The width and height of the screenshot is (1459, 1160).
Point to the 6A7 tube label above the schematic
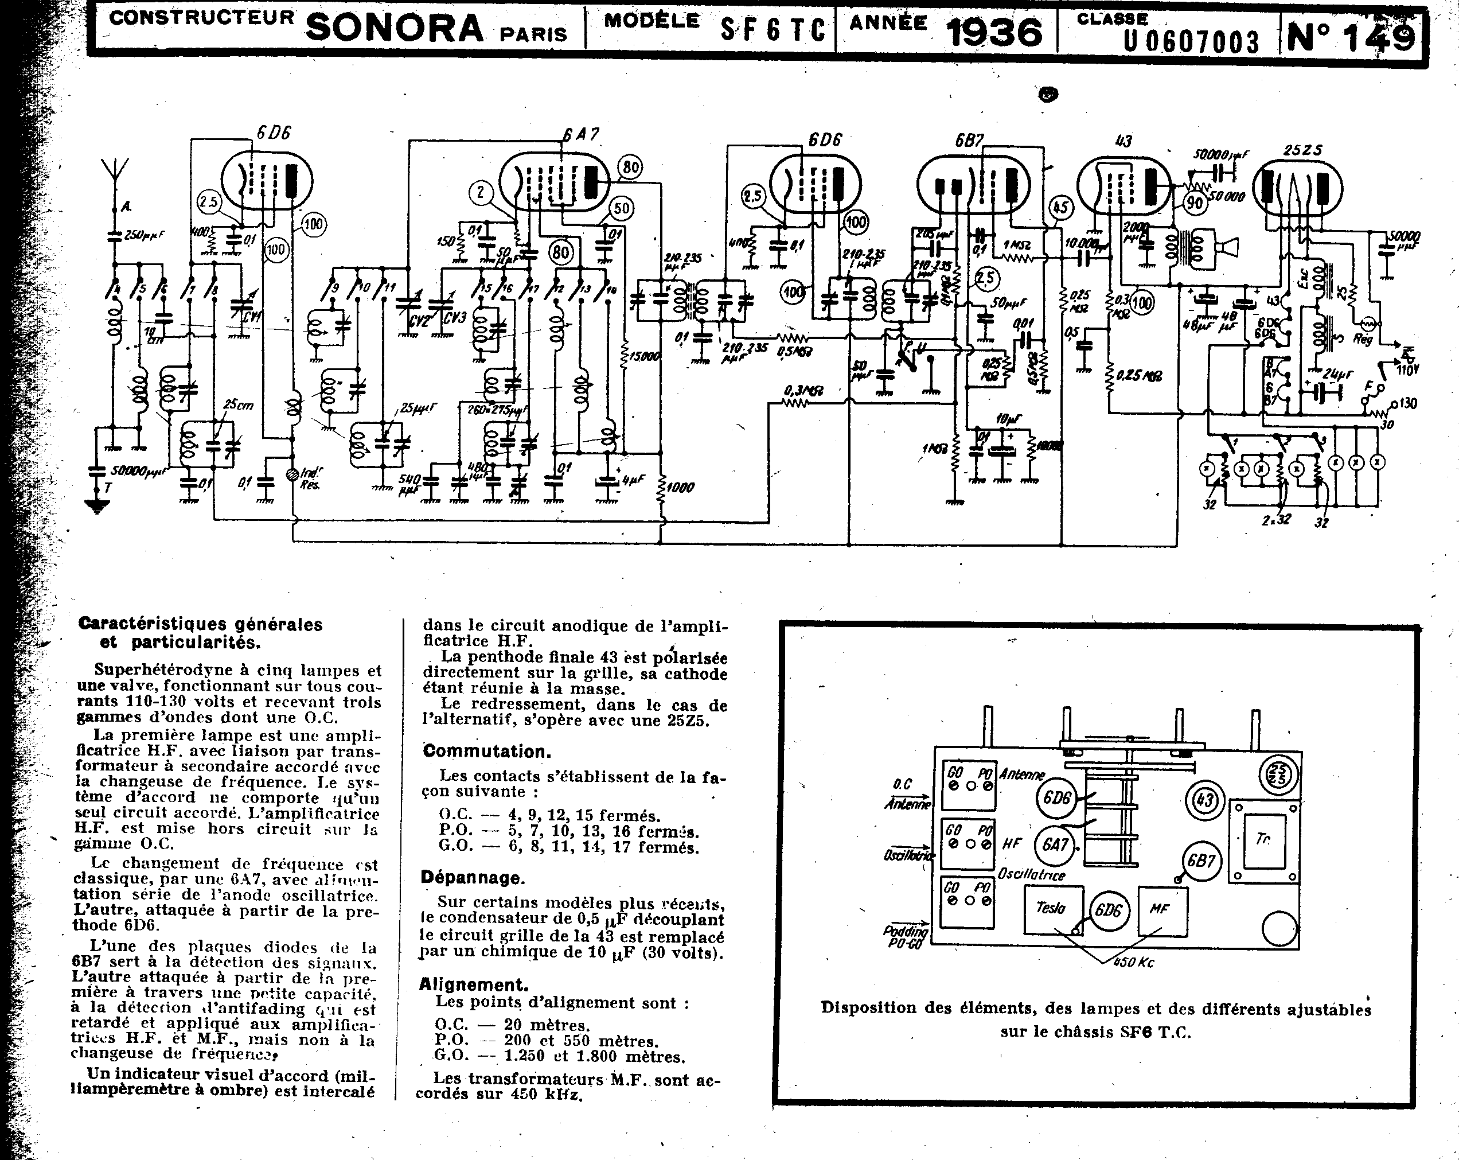(x=580, y=134)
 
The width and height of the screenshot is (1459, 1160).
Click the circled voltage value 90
(x=1196, y=203)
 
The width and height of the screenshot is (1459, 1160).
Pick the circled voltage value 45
(x=1060, y=207)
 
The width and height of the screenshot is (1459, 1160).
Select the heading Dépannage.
(x=471, y=878)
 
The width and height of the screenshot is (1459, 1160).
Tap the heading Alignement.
(x=473, y=984)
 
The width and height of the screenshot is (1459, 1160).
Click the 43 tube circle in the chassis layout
(x=1204, y=801)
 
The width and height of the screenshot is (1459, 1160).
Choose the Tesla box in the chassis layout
(x=1050, y=908)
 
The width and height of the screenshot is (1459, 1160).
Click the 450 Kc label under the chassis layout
(x=1137, y=962)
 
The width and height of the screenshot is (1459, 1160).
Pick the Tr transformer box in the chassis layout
(x=1263, y=840)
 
